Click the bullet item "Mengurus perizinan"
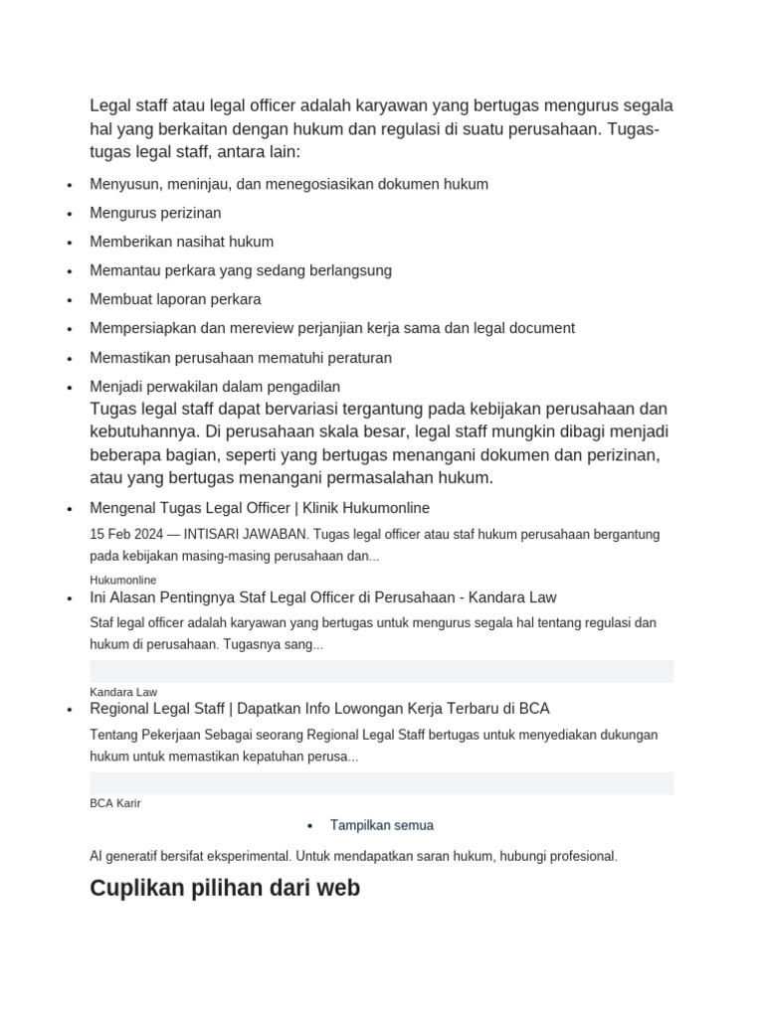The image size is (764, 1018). pyautogui.click(x=155, y=213)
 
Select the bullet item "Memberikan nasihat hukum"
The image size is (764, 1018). pyautogui.click(x=181, y=242)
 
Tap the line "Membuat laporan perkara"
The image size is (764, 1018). pyautogui.click(x=175, y=299)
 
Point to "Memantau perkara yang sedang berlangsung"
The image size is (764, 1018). pyautogui.click(x=241, y=270)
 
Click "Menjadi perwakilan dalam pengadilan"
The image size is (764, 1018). pyautogui.click(x=215, y=386)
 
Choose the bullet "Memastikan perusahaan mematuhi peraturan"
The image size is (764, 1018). pyautogui.click(x=241, y=357)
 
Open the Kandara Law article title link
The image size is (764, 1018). pyautogui.click(x=322, y=597)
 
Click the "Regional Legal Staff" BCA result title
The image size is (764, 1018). pyautogui.click(x=319, y=709)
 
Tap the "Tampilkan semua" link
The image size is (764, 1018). pyautogui.click(x=381, y=825)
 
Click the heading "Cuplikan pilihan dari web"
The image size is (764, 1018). pyautogui.click(x=225, y=888)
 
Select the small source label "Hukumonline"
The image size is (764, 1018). pyautogui.click(x=122, y=580)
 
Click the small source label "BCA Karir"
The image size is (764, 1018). pyautogui.click(x=114, y=803)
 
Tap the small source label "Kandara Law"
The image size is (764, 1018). pyautogui.click(x=123, y=692)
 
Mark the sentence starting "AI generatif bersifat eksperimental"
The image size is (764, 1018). pyautogui.click(x=353, y=856)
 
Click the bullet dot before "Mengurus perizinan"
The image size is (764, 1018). pyautogui.click(x=69, y=215)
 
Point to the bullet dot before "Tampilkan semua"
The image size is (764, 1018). pyautogui.click(x=310, y=826)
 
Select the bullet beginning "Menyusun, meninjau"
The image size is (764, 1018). pyautogui.click(x=288, y=184)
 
